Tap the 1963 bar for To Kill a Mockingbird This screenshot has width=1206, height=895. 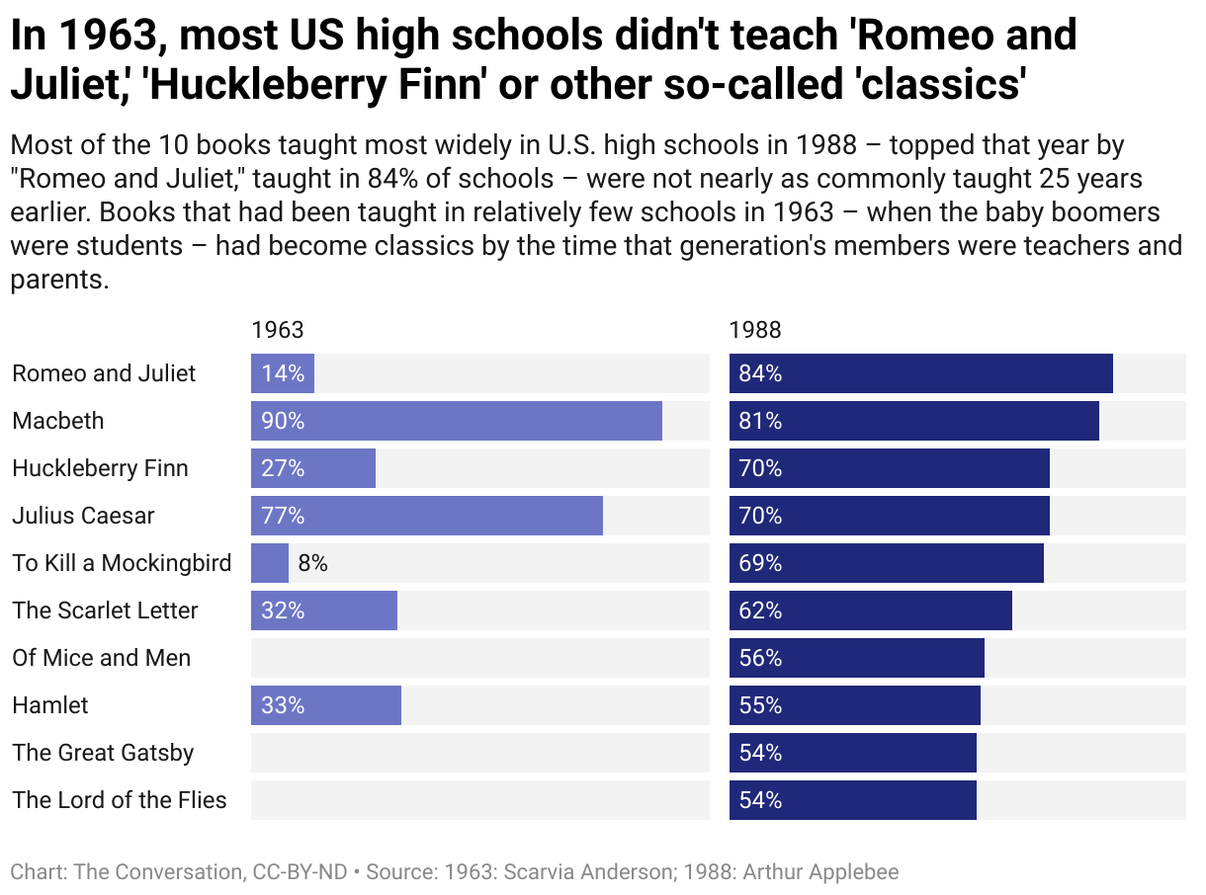pyautogui.click(x=270, y=563)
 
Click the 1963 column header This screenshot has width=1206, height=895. pyautogui.click(x=278, y=330)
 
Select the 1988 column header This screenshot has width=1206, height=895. pyautogui.click(x=755, y=330)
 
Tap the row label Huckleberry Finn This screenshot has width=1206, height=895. pyautogui.click(x=100, y=468)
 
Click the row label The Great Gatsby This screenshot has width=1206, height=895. pyautogui.click(x=103, y=753)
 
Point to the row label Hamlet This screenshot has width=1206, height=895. pyautogui.click(x=50, y=705)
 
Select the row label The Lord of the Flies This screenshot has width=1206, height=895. pyautogui.click(x=120, y=800)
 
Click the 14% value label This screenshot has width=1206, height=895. pyautogui.click(x=283, y=373)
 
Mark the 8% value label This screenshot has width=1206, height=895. pyautogui.click(x=312, y=563)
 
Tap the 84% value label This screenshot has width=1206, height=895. pyautogui.click(x=760, y=373)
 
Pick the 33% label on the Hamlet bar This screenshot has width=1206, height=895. pyautogui.click(x=283, y=705)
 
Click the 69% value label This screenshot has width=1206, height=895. pyautogui.click(x=760, y=563)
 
